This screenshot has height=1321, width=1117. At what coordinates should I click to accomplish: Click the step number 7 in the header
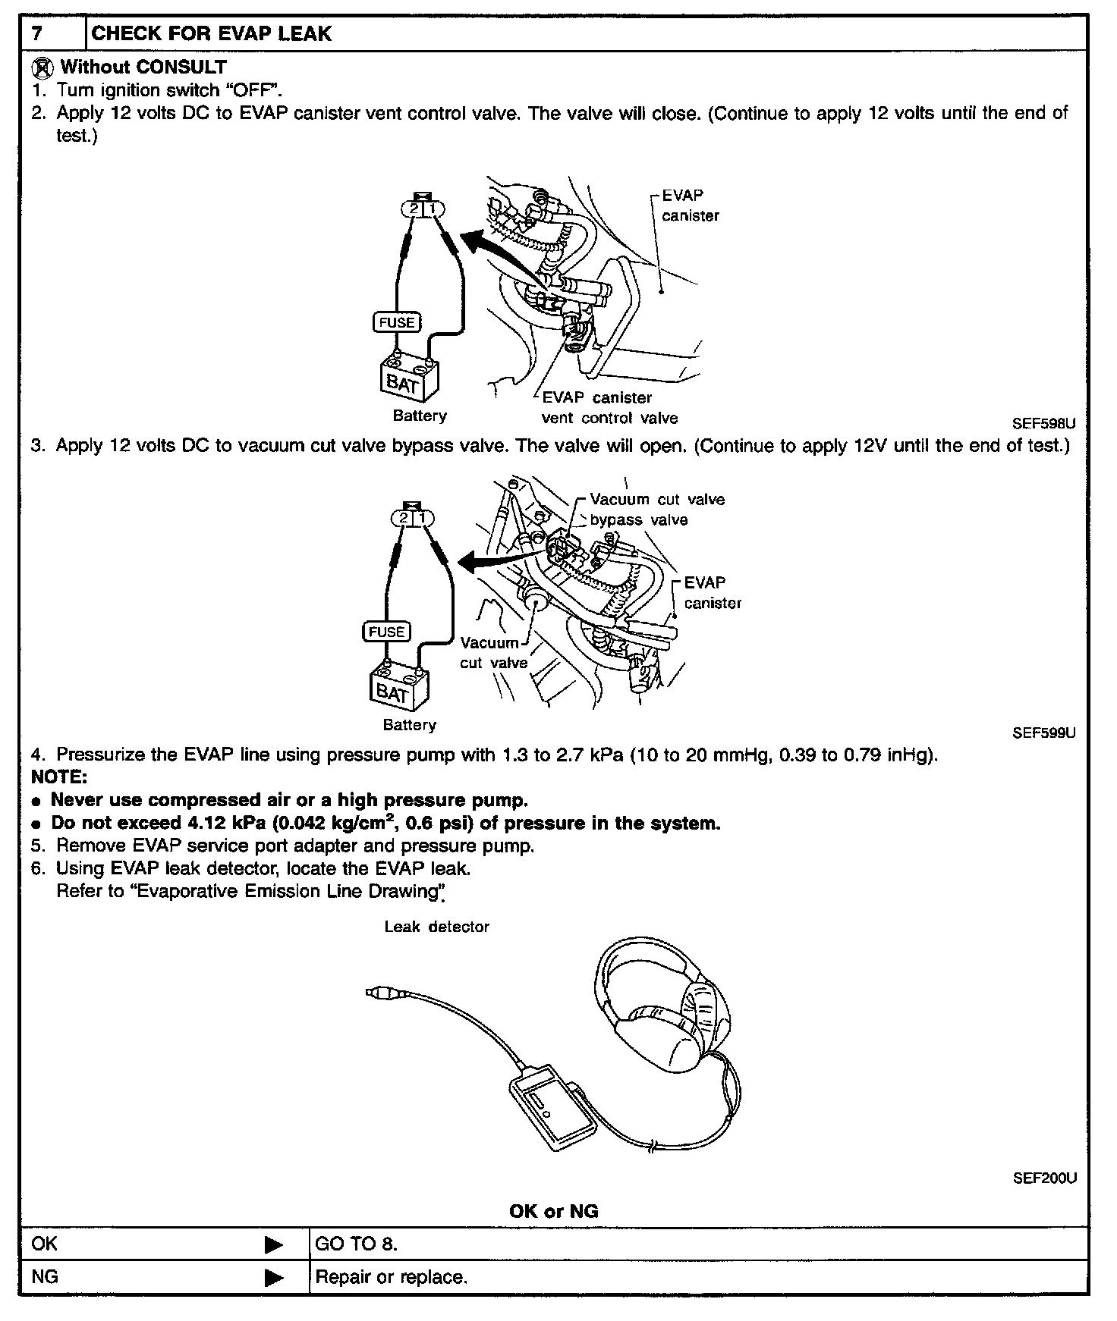36,33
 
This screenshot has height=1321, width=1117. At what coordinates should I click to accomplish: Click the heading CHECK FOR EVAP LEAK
211,33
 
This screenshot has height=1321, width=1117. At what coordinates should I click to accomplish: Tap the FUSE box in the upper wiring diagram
397,322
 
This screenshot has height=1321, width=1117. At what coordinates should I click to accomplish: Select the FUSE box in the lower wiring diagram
387,632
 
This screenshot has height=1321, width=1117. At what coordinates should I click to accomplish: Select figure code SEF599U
1043,733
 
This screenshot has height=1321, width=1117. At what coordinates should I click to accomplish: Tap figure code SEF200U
1044,1178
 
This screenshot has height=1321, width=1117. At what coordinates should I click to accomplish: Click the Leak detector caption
436,927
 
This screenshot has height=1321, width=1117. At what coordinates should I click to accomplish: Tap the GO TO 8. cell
356,1244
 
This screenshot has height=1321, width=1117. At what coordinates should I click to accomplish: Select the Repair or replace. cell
391,1277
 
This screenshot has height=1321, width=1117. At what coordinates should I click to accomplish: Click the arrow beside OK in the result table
273,1244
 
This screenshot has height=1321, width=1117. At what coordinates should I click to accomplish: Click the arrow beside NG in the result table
273,1278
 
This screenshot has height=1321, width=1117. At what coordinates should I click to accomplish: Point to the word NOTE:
59,777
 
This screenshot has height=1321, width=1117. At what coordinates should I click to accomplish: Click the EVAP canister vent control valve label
609,408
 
